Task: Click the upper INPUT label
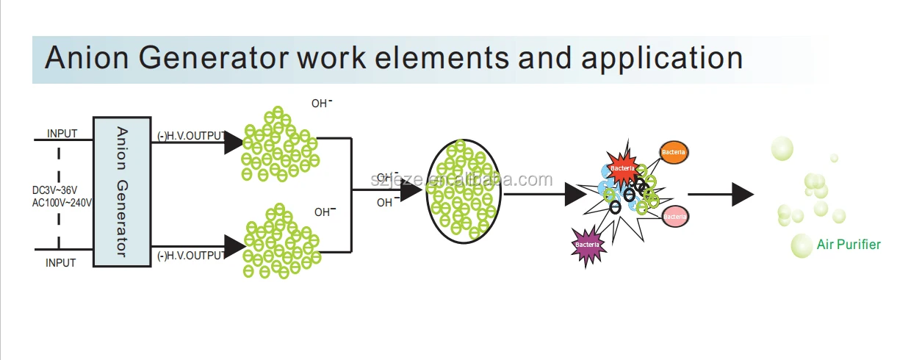[62, 134]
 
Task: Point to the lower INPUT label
[61, 262]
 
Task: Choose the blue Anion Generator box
[122, 192]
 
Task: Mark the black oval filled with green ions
[464, 190]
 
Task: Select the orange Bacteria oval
[674, 152]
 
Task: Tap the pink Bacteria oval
[674, 216]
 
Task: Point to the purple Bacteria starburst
[588, 244]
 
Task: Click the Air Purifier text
[849, 245]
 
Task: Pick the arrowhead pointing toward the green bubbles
[743, 194]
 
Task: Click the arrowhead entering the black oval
[411, 190]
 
